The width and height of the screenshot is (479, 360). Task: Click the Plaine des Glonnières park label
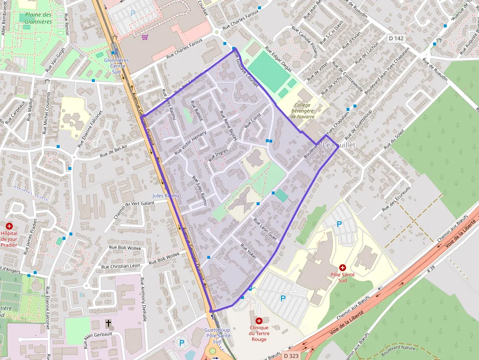point(36,18)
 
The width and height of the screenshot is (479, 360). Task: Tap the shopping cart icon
point(145,37)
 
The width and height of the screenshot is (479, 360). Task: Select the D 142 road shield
point(396,38)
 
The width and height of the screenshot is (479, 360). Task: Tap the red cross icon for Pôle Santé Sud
point(342,268)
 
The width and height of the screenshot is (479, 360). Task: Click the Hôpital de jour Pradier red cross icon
point(9,226)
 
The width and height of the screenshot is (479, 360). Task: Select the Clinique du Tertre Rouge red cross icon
point(259,320)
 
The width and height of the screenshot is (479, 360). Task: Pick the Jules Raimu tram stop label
point(166,195)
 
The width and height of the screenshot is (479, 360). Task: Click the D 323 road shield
point(290,356)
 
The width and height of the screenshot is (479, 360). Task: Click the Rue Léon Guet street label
point(265,229)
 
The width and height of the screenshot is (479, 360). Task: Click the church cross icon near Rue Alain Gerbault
point(109,323)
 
